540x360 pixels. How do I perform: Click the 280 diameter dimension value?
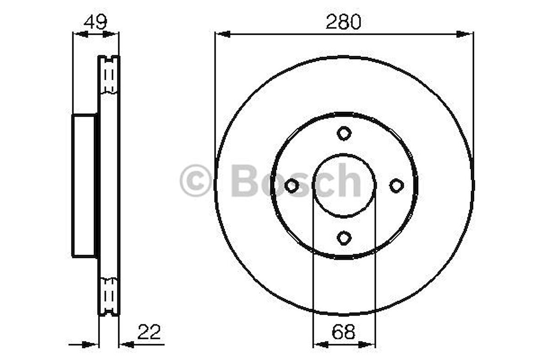click(x=343, y=22)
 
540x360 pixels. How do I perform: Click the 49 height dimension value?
click(x=95, y=22)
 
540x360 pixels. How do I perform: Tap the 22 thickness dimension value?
click(x=149, y=332)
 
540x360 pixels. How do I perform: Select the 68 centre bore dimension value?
click(x=344, y=332)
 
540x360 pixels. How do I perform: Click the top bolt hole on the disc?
click(x=344, y=133)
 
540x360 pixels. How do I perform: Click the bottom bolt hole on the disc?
click(x=344, y=238)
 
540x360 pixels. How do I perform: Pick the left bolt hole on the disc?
click(x=292, y=185)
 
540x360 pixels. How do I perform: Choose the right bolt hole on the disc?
click(x=396, y=185)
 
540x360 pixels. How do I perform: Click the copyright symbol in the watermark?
click(x=195, y=181)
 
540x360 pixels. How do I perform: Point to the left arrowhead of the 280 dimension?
click(x=222, y=33)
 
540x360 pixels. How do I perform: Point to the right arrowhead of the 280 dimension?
click(x=464, y=33)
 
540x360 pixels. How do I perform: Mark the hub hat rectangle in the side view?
click(x=84, y=185)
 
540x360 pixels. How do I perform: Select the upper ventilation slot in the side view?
click(x=109, y=75)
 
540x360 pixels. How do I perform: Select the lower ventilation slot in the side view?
click(x=109, y=295)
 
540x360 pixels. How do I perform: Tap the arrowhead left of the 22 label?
click(x=126, y=344)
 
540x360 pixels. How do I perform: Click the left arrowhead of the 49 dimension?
click(x=81, y=33)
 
